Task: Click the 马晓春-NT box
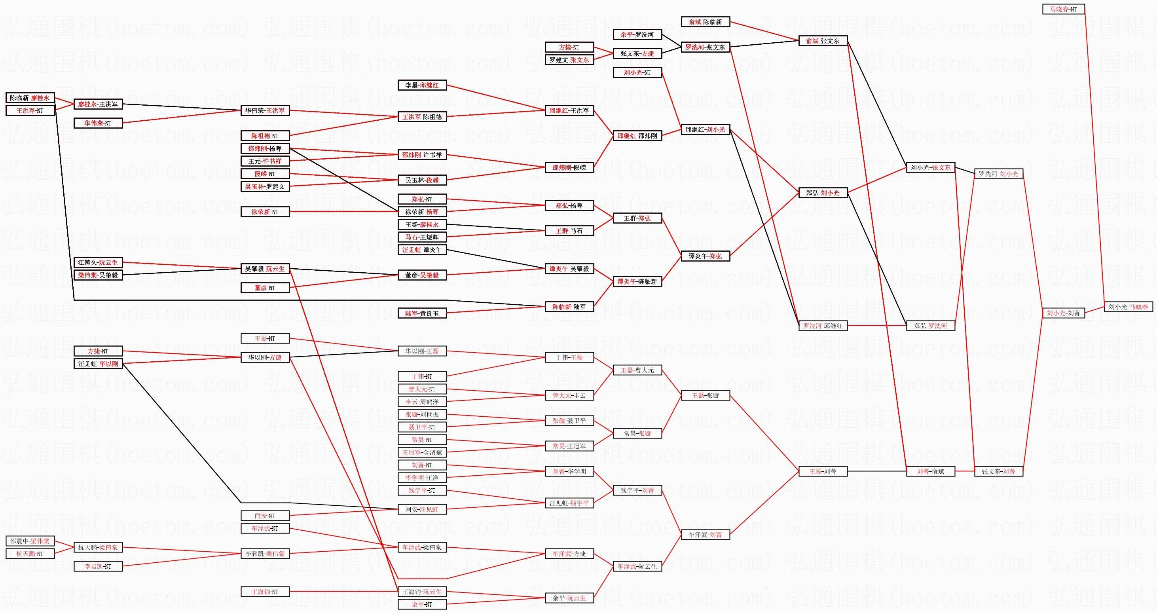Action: pos(1063,9)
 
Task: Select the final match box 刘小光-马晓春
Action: pos(1128,307)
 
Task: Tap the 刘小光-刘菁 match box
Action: pos(1063,313)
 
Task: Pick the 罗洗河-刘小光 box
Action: pos(998,174)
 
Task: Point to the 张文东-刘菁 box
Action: pos(998,472)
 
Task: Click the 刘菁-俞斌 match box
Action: pos(930,472)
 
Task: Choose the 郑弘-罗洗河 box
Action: pos(930,326)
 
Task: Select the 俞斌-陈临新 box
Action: pos(705,21)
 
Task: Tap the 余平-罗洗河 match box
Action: pos(637,34)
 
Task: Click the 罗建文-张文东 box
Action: pos(569,60)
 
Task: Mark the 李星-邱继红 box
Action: pos(422,85)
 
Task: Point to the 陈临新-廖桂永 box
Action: pos(30,98)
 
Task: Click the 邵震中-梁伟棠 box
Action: pos(30,541)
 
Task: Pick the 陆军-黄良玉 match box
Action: pos(422,313)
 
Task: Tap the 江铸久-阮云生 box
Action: pos(98,262)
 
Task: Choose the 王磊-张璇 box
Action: pos(705,396)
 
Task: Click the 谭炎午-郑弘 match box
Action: pos(705,256)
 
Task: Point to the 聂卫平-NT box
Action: pos(422,427)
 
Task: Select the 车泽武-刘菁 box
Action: pos(705,535)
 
